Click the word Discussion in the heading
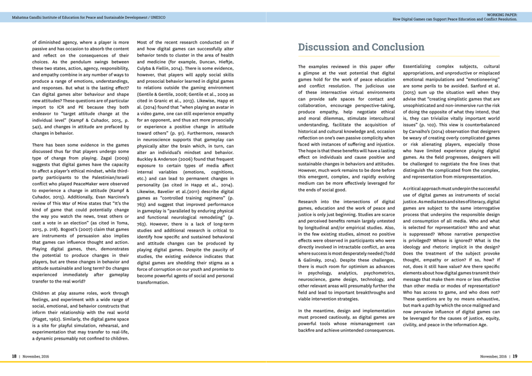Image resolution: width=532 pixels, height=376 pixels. pos(325,47)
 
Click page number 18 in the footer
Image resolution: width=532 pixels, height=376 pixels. pos(15,356)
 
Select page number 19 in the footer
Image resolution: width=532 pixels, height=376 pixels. pos(515,356)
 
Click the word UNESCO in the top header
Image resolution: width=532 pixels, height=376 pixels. pos(158,17)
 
